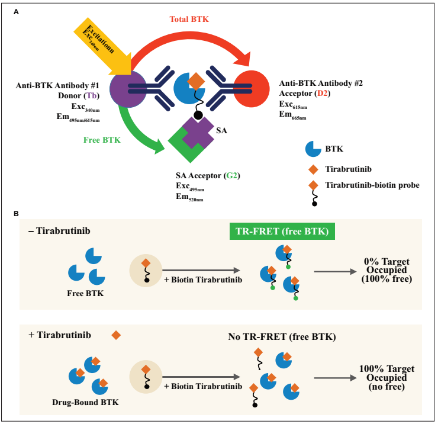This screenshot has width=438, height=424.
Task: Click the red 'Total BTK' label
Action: pos(189,19)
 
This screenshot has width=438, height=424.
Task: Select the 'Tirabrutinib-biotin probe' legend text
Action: pos(372,185)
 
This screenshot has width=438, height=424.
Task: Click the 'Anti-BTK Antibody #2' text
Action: pos(321,83)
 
